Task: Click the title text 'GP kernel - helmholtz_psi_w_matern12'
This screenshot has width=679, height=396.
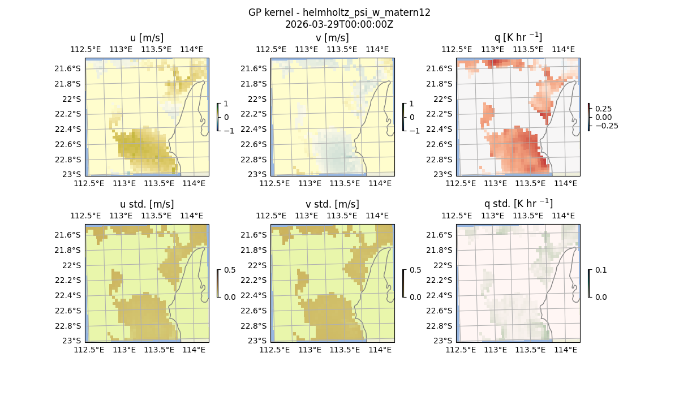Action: tap(339, 12)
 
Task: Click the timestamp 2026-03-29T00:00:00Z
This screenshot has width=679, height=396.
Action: tap(339, 24)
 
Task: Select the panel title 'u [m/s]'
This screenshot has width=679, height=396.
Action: tap(147, 38)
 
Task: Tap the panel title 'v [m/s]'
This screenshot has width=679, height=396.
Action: tap(332, 38)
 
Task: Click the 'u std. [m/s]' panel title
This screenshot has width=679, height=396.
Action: tap(147, 204)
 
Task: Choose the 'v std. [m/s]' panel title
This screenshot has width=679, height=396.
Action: tap(332, 204)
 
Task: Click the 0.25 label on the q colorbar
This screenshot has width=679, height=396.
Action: tap(603, 109)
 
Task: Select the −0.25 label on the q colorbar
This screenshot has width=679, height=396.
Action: tap(605, 126)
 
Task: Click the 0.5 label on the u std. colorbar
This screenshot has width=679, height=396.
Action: tap(230, 270)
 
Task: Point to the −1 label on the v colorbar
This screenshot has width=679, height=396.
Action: tap(415, 130)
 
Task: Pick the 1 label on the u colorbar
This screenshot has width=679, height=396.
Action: tap(226, 104)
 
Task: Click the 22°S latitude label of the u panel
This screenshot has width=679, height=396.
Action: tap(70, 99)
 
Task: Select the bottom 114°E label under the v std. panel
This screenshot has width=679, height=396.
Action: tap(380, 350)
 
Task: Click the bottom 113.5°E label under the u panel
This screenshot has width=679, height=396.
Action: tap(159, 183)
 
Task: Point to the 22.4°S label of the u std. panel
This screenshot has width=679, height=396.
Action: tap(66, 295)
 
